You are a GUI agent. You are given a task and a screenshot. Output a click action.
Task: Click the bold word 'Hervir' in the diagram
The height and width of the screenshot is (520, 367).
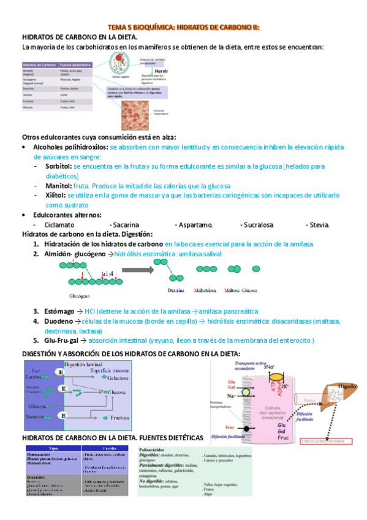162,72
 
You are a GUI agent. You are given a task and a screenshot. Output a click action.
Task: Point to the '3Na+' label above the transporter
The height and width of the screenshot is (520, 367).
268,367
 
